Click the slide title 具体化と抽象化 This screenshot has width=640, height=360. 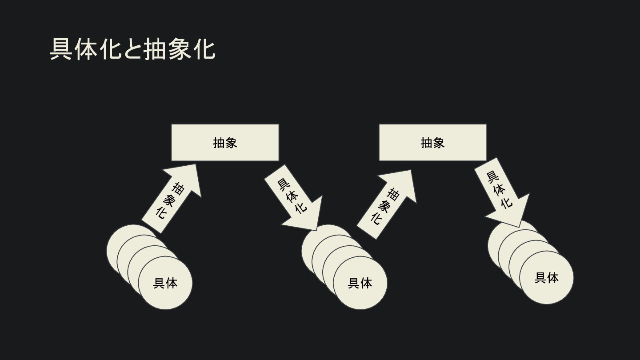[132, 49]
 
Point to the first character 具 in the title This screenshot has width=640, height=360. [61, 49]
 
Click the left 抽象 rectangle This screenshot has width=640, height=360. [225, 143]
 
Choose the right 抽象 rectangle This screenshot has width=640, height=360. [432, 143]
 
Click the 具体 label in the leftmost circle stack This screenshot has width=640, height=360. [165, 283]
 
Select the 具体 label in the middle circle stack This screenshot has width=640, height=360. [360, 283]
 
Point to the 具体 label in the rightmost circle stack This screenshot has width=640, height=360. [547, 278]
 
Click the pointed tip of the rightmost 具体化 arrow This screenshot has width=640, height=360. [519, 227]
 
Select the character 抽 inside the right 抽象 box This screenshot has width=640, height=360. [426, 143]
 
